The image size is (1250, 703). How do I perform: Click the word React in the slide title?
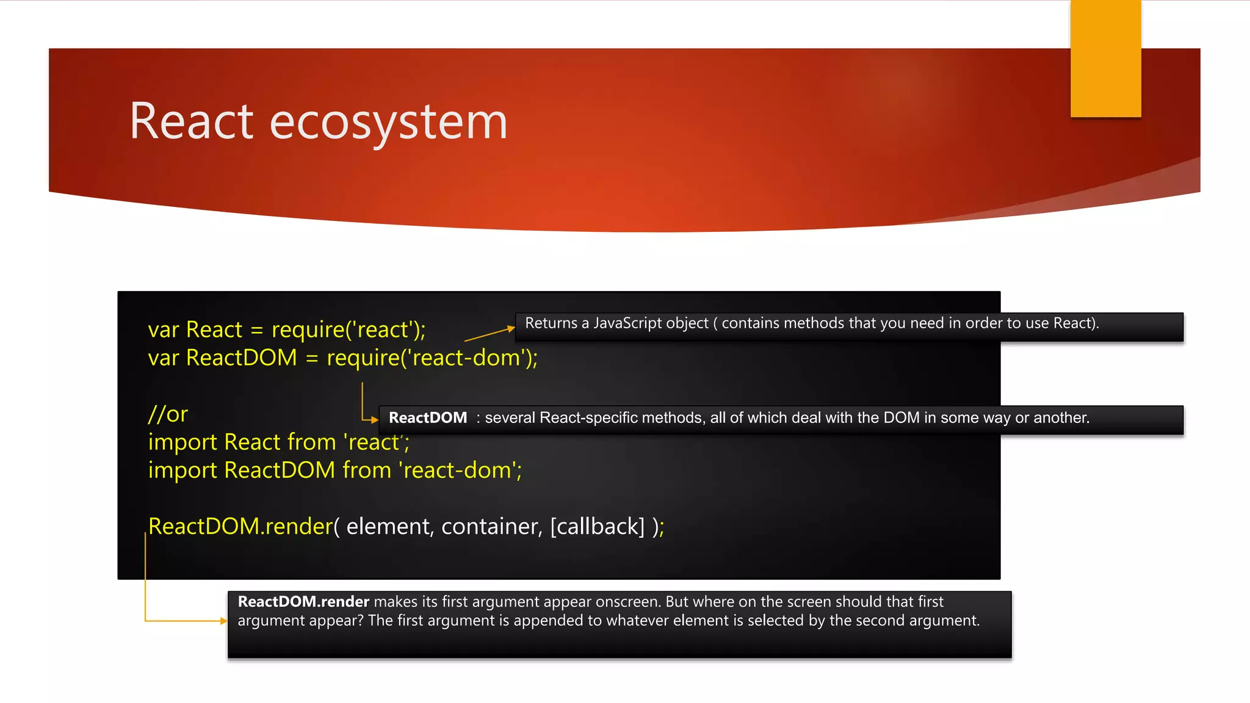[x=191, y=121]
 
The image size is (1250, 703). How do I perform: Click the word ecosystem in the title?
[x=388, y=123]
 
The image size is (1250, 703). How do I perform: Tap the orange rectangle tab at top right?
[x=1105, y=59]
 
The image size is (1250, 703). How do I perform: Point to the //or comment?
[x=168, y=414]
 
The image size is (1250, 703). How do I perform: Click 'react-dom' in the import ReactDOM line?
[x=458, y=470]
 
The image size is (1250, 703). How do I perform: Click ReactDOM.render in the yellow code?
[x=240, y=527]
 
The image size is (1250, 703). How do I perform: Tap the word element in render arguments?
[x=388, y=527]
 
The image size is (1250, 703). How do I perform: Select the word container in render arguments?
[x=491, y=527]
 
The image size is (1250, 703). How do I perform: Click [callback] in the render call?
[x=597, y=527]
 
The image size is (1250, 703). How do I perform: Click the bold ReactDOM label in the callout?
[x=428, y=418]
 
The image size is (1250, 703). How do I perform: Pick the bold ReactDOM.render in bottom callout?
[x=303, y=602]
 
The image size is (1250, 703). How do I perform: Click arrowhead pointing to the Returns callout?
[x=511, y=329]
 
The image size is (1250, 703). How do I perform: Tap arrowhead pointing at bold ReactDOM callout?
[x=375, y=420]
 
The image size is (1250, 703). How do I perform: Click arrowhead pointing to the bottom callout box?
[x=224, y=621]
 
